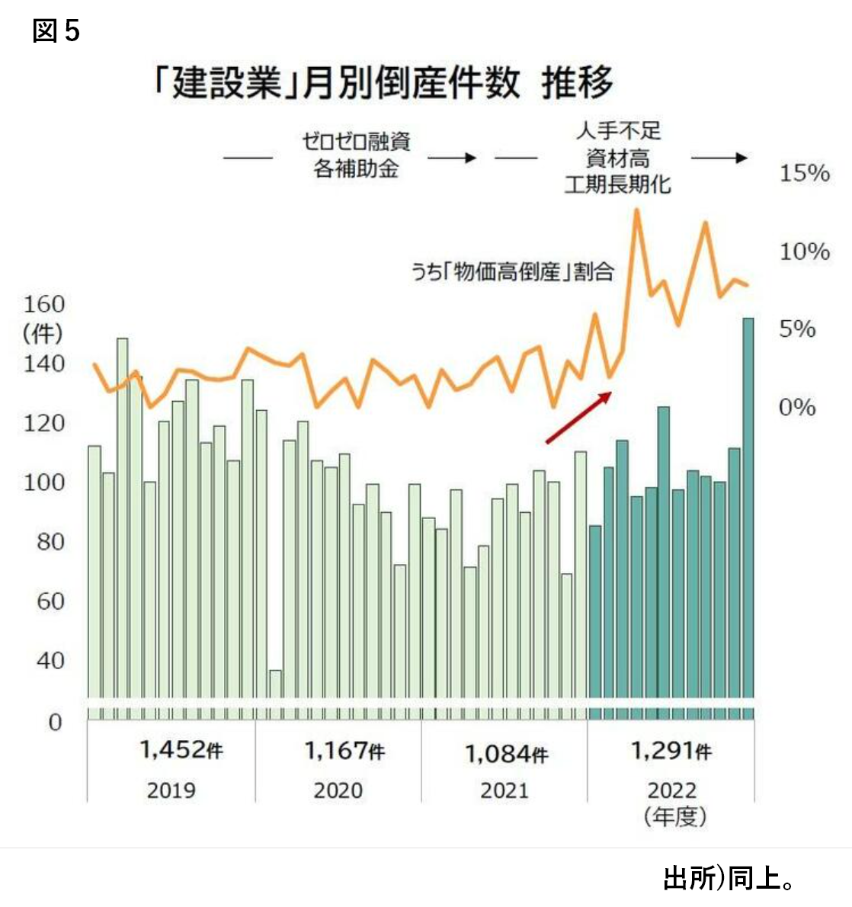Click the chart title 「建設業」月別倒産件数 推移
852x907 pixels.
point(383,82)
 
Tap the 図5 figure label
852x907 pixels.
point(56,31)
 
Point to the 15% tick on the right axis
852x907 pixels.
point(804,173)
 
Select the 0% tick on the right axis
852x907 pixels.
point(797,407)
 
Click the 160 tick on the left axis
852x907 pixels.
point(44,304)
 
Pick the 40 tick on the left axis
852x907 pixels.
point(50,660)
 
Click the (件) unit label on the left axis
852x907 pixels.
point(43,333)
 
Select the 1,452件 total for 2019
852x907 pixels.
point(181,750)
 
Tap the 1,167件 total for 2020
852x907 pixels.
point(344,751)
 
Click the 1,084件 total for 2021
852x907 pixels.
point(506,754)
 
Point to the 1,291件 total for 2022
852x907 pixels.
point(671,751)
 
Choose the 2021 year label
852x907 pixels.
point(504,790)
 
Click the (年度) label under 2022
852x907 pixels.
point(675,817)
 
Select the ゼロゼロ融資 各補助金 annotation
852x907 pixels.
point(356,155)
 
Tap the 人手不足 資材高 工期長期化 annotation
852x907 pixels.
point(617,158)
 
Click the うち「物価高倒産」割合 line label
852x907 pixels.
point(512,272)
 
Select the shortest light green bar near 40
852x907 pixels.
point(276,694)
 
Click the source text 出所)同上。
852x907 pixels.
point(729,878)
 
